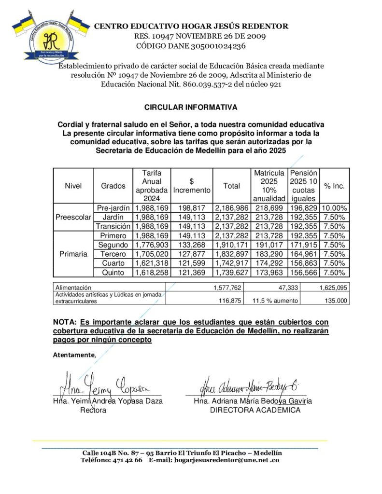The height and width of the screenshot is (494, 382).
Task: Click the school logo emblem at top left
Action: click(x=47, y=36)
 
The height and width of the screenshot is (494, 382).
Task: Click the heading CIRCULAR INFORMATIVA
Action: click(x=190, y=107)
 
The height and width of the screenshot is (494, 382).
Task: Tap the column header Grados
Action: click(x=113, y=186)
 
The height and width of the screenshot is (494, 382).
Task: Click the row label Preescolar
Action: click(x=73, y=217)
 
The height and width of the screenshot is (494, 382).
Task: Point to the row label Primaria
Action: click(x=73, y=254)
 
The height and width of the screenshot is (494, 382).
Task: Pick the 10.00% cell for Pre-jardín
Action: click(x=333, y=208)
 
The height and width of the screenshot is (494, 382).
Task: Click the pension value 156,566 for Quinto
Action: click(x=303, y=272)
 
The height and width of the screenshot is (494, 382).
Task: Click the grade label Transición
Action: click(x=113, y=226)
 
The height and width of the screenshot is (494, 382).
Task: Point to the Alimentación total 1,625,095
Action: click(x=333, y=288)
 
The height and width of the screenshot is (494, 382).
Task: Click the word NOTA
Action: click(x=65, y=322)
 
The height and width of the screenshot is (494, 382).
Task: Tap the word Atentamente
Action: click(x=74, y=355)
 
